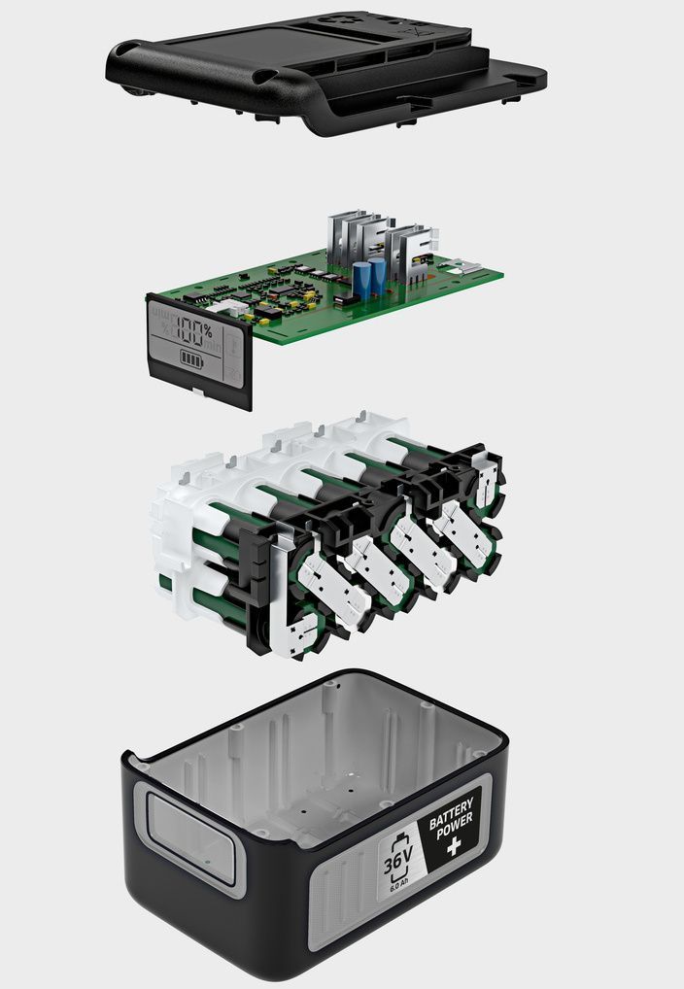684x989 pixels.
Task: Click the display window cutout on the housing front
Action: click(190, 836)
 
